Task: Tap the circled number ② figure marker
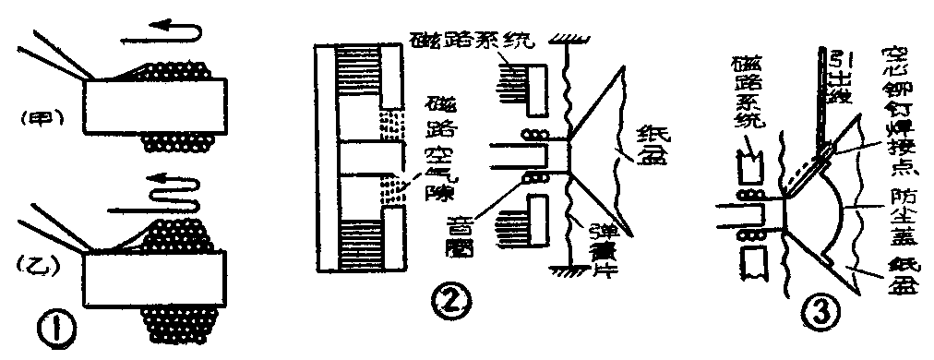pyautogui.click(x=455, y=299)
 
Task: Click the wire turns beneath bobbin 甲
pyautogui.click(x=181, y=142)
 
